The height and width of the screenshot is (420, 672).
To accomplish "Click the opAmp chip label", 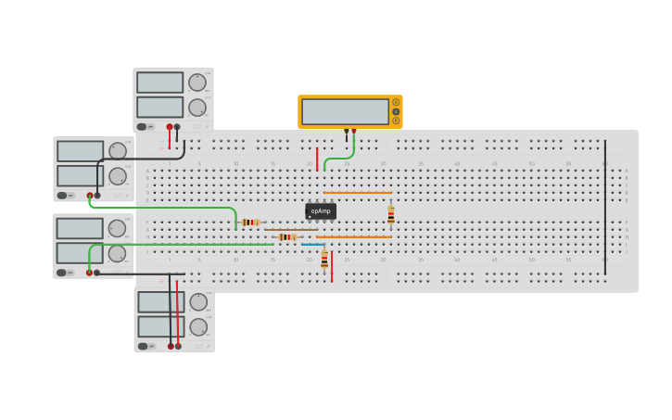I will (321, 210).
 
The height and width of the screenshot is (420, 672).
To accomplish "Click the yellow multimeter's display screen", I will (345, 111).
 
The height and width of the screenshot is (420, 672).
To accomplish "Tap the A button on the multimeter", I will (396, 103).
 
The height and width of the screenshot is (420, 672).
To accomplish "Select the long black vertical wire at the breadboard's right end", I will (605, 195).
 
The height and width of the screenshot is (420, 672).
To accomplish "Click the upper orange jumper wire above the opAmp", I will (357, 193).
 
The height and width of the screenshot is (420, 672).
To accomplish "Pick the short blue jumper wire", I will (312, 245).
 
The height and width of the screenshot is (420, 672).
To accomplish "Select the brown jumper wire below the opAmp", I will (291, 230).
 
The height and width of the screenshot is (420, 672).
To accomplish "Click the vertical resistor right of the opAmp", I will (391, 215).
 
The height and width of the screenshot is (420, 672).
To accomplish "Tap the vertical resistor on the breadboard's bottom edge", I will (324, 260).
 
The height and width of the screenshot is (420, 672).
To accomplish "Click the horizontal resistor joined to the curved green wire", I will (250, 223).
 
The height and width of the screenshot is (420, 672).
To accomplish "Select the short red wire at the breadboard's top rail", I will (317, 159).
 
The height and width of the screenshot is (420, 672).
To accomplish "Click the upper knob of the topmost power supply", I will (197, 83).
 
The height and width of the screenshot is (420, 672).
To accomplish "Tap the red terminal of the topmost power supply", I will (170, 127).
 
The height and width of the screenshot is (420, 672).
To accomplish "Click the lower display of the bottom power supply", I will (161, 326).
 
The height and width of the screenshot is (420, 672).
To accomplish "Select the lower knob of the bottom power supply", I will (198, 327).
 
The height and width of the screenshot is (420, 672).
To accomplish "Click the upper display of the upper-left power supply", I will (81, 151).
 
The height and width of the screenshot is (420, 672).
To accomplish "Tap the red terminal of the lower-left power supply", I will (90, 273).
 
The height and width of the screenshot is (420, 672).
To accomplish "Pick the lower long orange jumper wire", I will (353, 237).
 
